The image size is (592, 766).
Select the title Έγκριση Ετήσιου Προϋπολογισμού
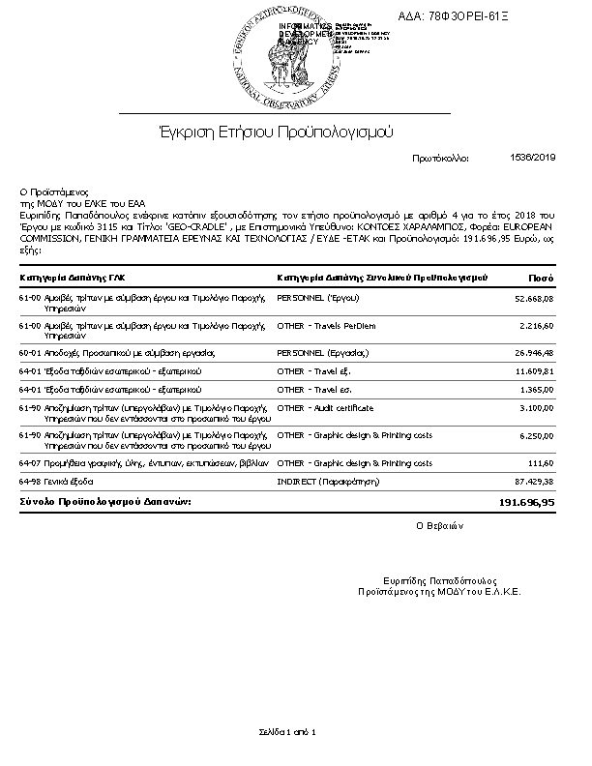(277, 132)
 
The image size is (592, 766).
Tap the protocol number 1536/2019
(531, 157)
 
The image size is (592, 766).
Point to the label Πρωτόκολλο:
(440, 157)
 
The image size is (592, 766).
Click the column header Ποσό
(541, 278)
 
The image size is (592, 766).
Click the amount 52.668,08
(534, 300)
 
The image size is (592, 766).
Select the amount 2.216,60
(536, 327)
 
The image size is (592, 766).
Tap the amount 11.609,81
(534, 371)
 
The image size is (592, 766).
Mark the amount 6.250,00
(536, 436)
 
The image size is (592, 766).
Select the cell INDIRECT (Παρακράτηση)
(329, 482)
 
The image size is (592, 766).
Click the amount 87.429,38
(534, 482)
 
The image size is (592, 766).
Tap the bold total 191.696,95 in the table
(526, 503)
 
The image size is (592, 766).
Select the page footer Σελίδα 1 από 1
(286, 731)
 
